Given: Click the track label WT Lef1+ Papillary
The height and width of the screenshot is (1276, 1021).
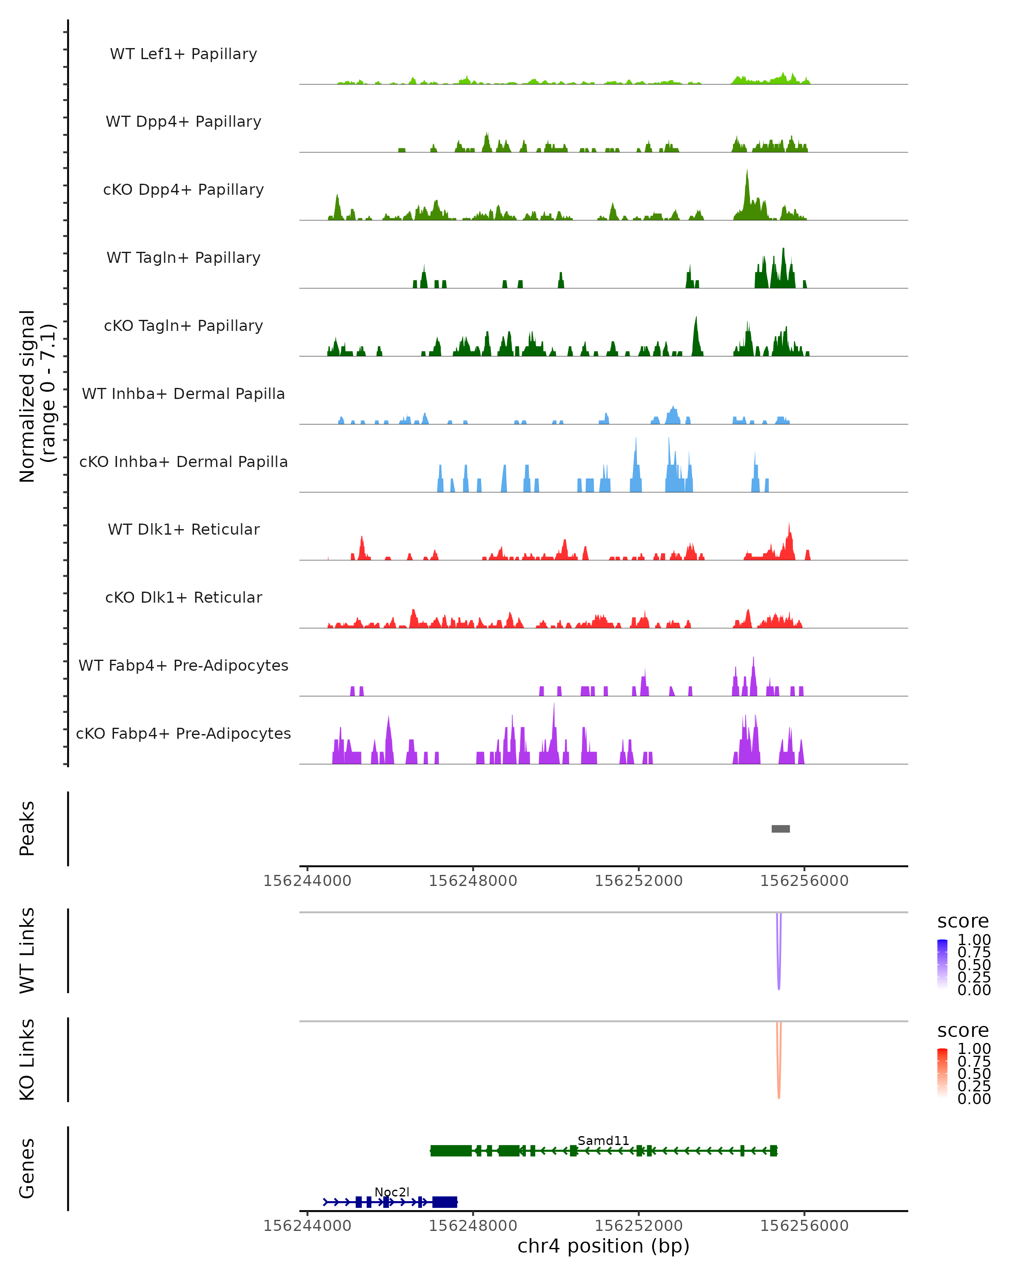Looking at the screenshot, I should click(183, 54).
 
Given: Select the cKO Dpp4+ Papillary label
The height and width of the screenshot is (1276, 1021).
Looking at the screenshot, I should click(183, 189).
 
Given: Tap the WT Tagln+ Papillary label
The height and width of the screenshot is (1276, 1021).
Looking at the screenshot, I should click(183, 257).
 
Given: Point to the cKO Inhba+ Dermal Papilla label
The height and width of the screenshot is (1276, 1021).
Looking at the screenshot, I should click(183, 461).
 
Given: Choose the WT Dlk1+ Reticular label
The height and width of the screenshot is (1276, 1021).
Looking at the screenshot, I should click(183, 529).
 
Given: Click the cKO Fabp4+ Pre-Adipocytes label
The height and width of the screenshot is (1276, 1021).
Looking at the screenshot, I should click(183, 733).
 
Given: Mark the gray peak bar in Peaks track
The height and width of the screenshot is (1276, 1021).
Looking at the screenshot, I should click(780, 829).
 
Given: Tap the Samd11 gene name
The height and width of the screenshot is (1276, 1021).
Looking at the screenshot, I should click(603, 1140).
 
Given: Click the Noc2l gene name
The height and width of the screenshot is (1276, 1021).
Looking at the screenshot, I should click(392, 1192).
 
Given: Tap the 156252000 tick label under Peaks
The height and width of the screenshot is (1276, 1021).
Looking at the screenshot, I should click(638, 881).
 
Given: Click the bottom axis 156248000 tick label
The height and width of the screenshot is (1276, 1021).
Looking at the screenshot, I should click(473, 1226).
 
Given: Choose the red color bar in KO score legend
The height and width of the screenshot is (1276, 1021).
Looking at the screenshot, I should click(942, 1072).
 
